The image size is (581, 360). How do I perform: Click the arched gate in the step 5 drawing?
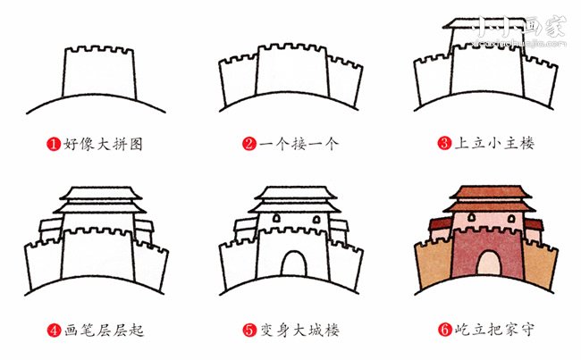[292, 263]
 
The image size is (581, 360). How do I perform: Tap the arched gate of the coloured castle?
[487, 263]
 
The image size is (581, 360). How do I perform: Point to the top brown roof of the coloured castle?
[487, 193]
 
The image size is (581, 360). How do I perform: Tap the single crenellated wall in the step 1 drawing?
[97, 75]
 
